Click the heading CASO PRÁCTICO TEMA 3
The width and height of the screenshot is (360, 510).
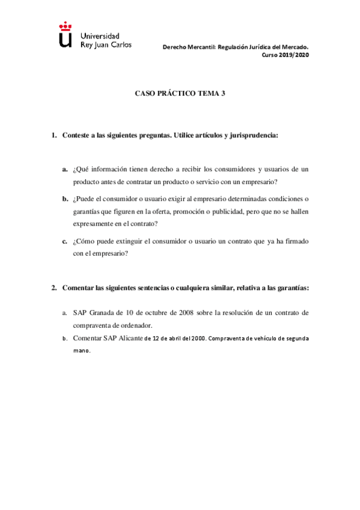coord(180,94)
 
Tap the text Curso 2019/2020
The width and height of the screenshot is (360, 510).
coord(285,54)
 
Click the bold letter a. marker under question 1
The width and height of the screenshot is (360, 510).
coord(64,170)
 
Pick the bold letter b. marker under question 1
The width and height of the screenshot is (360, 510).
coord(64,198)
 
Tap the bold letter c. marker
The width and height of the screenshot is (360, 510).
coord(64,241)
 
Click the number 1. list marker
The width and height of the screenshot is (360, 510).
coord(53,136)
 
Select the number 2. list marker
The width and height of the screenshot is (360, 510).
coord(53,287)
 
